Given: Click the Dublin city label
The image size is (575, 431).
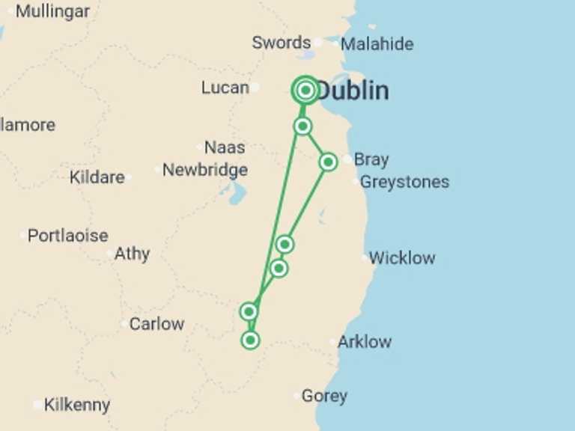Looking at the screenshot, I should [353, 91].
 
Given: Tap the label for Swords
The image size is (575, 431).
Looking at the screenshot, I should [281, 43].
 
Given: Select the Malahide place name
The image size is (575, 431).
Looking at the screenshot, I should [377, 44].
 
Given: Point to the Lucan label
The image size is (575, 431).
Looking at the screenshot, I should [225, 88].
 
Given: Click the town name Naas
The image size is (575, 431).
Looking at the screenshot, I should [225, 147].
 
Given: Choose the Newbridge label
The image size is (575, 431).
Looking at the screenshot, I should [204, 170].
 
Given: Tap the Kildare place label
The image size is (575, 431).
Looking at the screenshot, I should [97, 177].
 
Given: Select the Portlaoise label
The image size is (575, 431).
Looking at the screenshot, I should [67, 236].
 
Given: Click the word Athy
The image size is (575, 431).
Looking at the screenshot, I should [132, 254].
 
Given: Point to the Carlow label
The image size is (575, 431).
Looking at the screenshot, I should [156, 324].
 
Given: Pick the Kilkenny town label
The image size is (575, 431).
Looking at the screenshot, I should [76, 405].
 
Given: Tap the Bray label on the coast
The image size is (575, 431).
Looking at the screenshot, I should [371, 159].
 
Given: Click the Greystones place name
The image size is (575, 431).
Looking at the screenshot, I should [404, 182].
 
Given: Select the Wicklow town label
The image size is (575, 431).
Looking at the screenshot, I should [401, 258].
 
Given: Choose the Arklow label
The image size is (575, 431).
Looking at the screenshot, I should [364, 342].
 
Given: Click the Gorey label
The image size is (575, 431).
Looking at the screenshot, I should [324, 396].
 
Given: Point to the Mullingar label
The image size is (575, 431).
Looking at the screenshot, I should [52, 11].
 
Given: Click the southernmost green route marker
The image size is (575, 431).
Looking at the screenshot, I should [250, 340].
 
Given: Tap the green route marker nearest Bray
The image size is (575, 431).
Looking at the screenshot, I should [328, 162].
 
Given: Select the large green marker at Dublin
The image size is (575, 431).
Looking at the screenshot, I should [305, 91].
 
